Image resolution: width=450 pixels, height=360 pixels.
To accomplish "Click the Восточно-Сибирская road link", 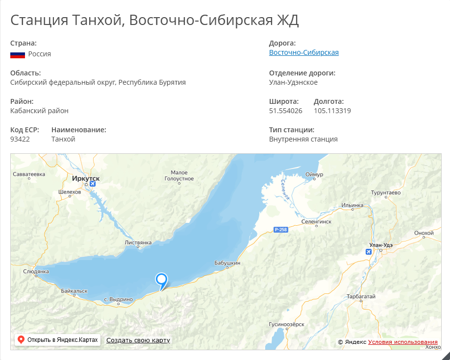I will [x=304, y=52].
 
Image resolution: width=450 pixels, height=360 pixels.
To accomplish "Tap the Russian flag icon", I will [x=18, y=54].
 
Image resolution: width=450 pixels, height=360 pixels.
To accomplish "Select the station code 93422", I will [x=20, y=139].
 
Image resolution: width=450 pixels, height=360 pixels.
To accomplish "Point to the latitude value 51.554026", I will [x=285, y=111].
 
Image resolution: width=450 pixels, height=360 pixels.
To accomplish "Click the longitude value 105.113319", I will [x=332, y=111].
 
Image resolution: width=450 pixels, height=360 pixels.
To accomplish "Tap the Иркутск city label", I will [x=86, y=179].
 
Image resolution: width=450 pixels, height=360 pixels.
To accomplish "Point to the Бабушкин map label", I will [x=227, y=263].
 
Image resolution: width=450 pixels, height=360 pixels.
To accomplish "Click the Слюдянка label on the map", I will [x=36, y=271].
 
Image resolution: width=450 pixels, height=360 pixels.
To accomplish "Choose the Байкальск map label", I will [x=74, y=291].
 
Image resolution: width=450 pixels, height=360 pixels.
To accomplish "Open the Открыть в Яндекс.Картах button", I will [x=58, y=340].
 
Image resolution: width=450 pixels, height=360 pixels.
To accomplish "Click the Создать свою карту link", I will [x=138, y=340].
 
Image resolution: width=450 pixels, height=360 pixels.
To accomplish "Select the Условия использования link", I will [x=403, y=342].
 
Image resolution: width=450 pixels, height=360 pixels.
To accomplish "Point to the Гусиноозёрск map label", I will [x=286, y=324].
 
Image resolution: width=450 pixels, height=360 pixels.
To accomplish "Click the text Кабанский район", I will [x=39, y=111].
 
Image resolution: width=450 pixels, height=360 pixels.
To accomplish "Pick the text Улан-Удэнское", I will [x=293, y=82].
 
